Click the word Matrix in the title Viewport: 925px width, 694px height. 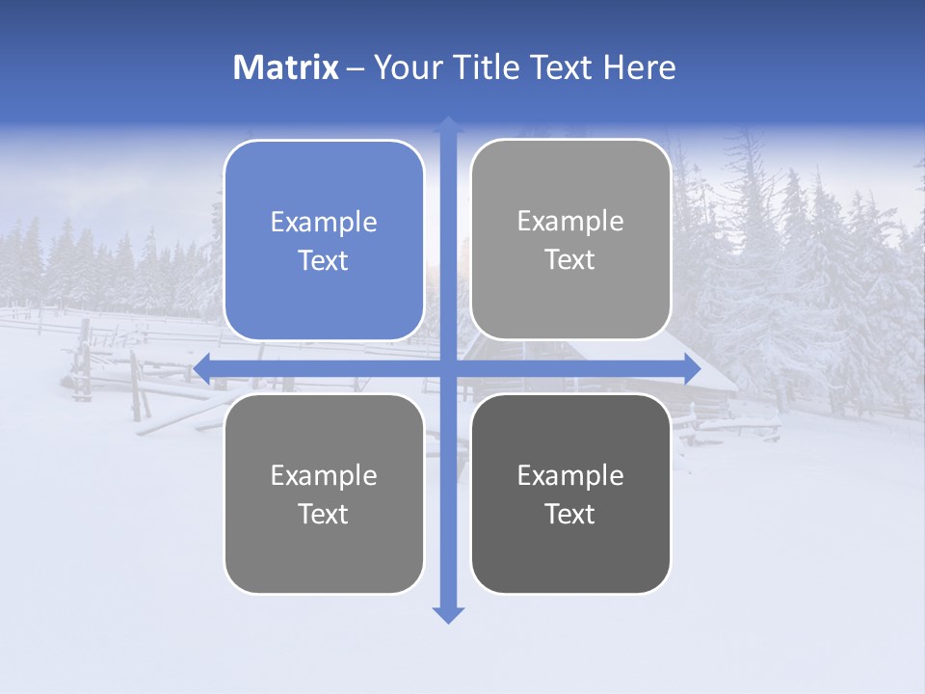(x=286, y=67)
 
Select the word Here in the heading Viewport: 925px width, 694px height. (x=640, y=67)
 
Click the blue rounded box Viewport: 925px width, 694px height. (x=324, y=240)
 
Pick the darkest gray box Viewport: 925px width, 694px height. (x=570, y=494)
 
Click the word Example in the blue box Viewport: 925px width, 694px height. (x=324, y=223)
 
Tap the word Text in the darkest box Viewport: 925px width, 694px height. (x=570, y=514)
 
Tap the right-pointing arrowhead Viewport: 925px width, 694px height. (x=691, y=367)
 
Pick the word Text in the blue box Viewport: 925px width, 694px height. (x=324, y=261)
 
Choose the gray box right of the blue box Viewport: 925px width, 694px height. (x=570, y=239)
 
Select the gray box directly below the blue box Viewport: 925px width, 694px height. (x=324, y=494)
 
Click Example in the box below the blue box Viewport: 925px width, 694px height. (x=324, y=475)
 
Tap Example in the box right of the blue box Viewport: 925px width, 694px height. (x=570, y=221)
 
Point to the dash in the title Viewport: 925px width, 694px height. (x=356, y=68)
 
